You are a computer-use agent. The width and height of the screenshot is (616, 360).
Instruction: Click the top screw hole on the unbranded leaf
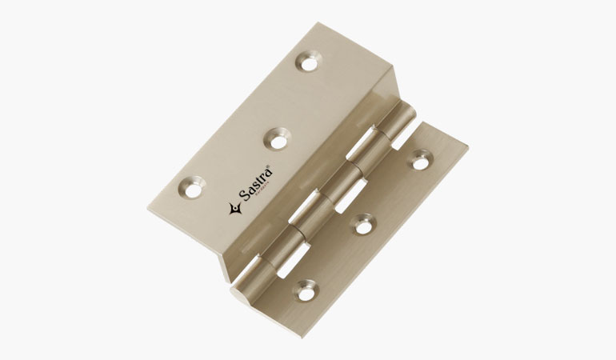[418, 161]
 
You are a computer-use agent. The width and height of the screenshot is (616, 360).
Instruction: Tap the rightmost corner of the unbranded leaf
[468, 148]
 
